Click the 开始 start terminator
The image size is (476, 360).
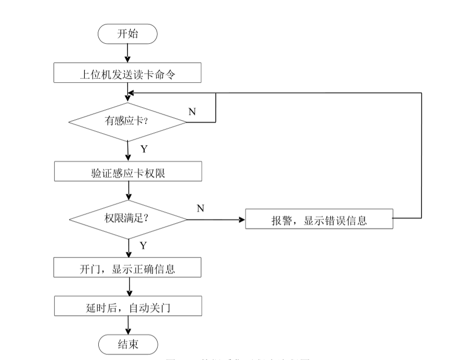coord(127,34)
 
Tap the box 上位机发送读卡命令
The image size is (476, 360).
coord(127,73)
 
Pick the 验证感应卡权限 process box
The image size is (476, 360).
coord(127,171)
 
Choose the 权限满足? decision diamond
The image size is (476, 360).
coord(127,219)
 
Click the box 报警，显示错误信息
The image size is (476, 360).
coord(319,220)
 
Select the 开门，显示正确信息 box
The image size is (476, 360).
coord(127,268)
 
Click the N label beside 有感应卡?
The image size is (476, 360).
coord(192,111)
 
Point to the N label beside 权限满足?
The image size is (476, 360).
coord(200,209)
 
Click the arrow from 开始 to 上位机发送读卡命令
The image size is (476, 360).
coord(127,53)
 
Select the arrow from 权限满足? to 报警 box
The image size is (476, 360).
coord(216,220)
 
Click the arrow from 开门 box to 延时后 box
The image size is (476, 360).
coord(127,287)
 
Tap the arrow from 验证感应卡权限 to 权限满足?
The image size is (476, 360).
coord(127,191)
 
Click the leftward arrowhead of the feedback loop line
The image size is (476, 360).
coord(132,93)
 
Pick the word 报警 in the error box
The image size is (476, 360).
coord(281,220)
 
